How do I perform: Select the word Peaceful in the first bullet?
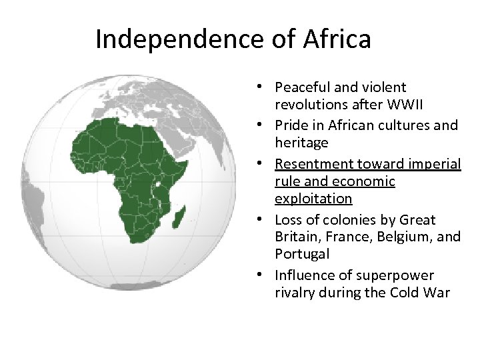301,87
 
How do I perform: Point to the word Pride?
291,125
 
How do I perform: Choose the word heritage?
301,143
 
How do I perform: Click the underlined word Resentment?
315,164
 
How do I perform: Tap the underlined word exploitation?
313,199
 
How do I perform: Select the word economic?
363,181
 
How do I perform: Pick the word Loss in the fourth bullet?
289,220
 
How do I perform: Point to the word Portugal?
302,255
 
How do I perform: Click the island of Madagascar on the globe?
179,215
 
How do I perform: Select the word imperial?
434,164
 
